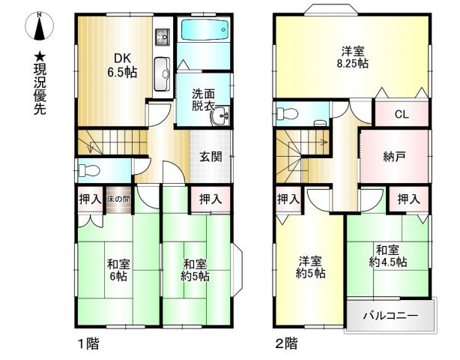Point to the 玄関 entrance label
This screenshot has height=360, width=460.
(x=209, y=157)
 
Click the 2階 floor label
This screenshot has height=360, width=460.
(x=285, y=344)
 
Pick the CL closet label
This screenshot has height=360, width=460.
(x=402, y=115)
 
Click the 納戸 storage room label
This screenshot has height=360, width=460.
(x=394, y=157)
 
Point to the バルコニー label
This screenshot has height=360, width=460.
(x=390, y=315)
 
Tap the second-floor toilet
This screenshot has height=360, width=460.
(x=284, y=114)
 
